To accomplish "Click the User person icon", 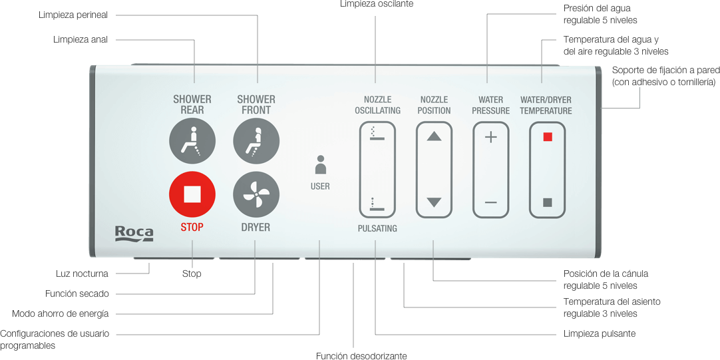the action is tap(321, 165).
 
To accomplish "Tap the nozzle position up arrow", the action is tap(434, 136).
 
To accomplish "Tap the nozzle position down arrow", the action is tap(434, 202).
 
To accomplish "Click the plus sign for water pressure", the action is tap(491, 137).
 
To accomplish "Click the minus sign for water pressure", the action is tap(491, 202).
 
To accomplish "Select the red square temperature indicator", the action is tap(548, 137).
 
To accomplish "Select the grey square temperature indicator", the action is tap(548, 202).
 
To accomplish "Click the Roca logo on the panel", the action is tap(134, 233).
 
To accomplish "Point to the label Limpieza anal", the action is tap(81, 39).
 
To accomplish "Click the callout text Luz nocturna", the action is tap(82, 273).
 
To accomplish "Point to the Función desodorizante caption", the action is tap(361, 356).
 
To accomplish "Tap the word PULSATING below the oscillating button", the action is tap(377, 228).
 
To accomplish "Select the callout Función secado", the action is tap(77, 293).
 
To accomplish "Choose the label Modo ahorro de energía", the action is tap(61, 313).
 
